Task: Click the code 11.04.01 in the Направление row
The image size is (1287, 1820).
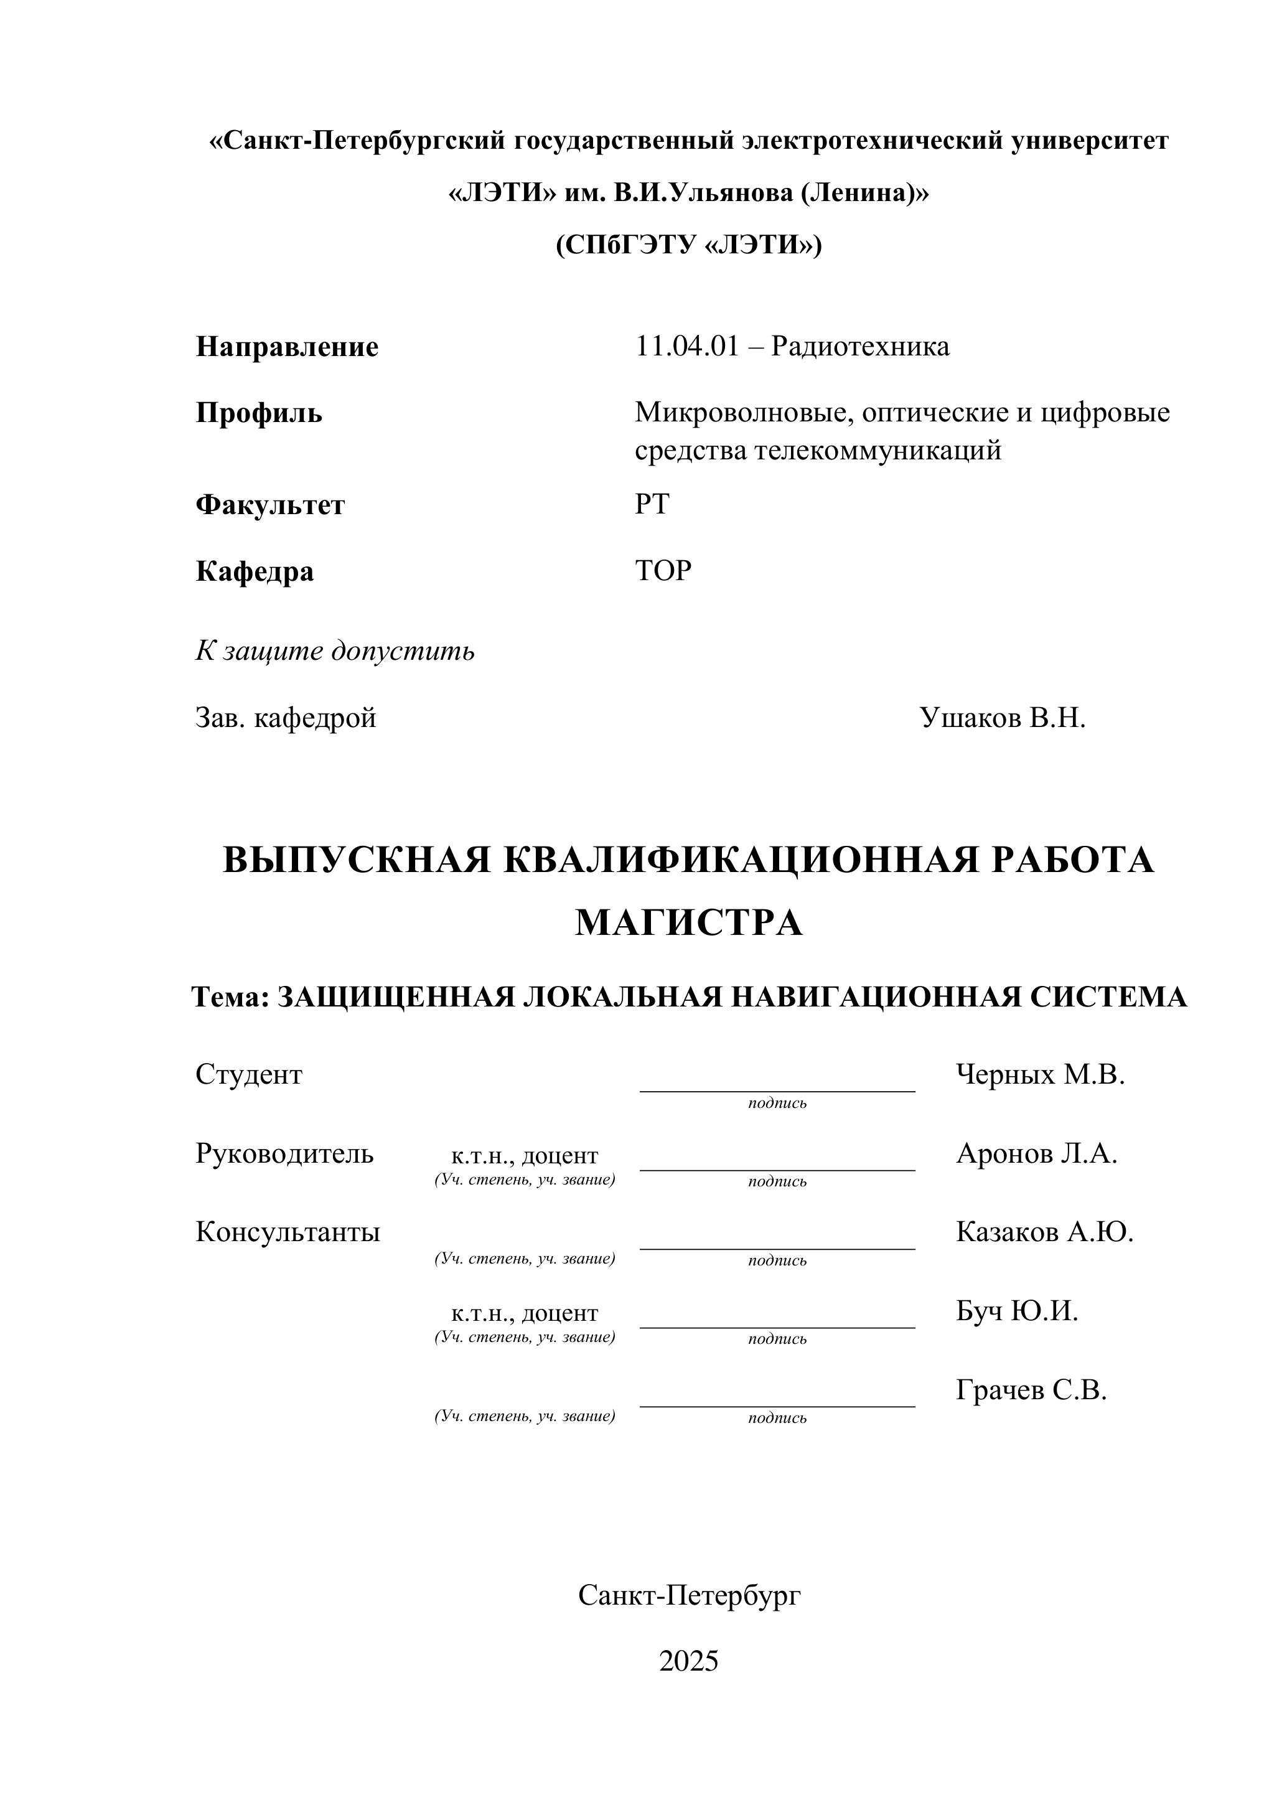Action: pyautogui.click(x=686, y=347)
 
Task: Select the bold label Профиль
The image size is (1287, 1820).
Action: pyautogui.click(x=258, y=413)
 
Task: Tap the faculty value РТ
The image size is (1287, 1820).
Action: pyautogui.click(x=652, y=504)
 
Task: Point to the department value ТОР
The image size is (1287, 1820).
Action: pyautogui.click(x=663, y=571)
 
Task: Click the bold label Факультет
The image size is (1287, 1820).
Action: pyautogui.click(x=270, y=505)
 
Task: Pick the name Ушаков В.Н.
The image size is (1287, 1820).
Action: pyautogui.click(x=1002, y=718)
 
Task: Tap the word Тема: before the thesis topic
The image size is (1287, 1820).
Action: pyautogui.click(x=231, y=997)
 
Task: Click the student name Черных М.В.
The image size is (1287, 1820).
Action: pyautogui.click(x=1040, y=1075)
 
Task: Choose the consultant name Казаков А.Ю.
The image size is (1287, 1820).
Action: pyautogui.click(x=1044, y=1232)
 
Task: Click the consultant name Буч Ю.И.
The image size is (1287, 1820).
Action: pyautogui.click(x=1017, y=1311)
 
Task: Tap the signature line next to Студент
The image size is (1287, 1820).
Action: pyautogui.click(x=777, y=1086)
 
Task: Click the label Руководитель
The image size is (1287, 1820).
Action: pyautogui.click(x=284, y=1153)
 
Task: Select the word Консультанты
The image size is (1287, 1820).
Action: pyautogui.click(x=288, y=1232)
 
